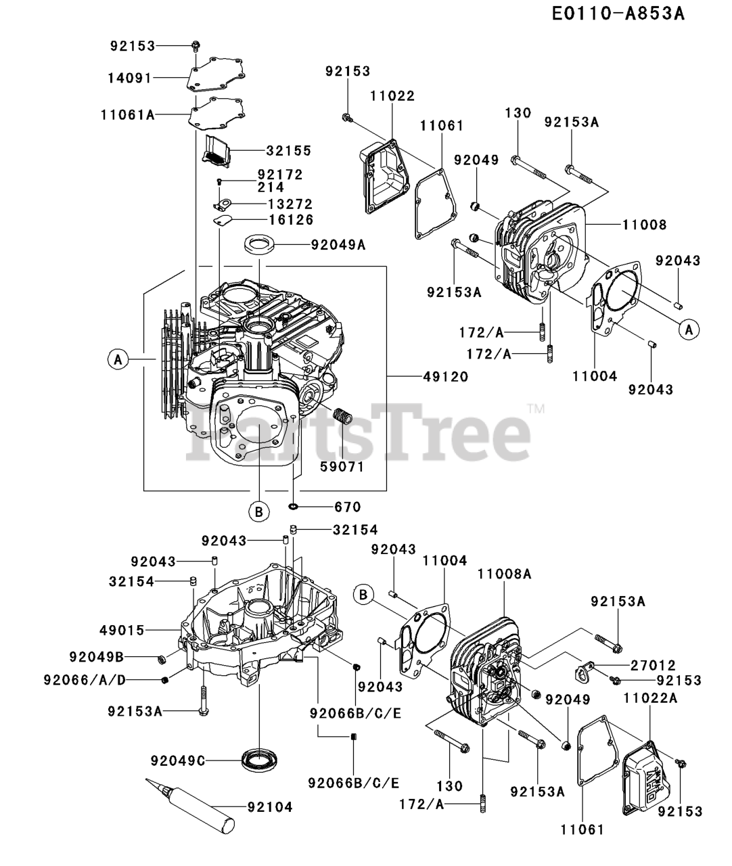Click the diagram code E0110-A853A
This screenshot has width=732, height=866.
tap(618, 14)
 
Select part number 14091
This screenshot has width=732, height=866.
tap(129, 78)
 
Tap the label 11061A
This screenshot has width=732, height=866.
tap(129, 115)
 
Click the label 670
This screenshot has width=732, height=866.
tap(348, 507)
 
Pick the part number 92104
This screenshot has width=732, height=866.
tap(270, 806)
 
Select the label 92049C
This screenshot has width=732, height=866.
tap(178, 760)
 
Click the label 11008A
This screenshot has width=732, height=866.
tap(504, 574)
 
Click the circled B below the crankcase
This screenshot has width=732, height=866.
tap(258, 512)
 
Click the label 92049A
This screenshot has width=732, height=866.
tap(338, 245)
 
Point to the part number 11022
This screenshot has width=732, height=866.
tap(392, 96)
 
